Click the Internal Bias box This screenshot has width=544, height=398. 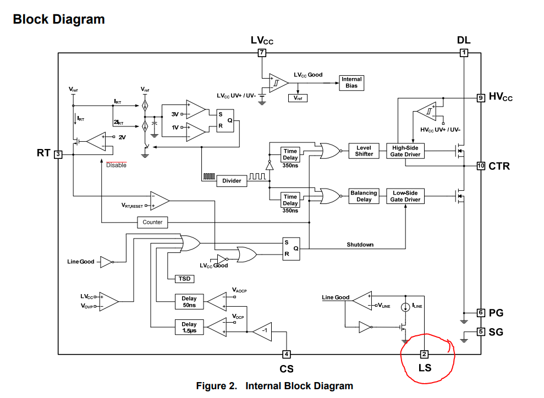(352, 83)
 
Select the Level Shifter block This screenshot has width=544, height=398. (364, 151)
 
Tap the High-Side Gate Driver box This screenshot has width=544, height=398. (406, 151)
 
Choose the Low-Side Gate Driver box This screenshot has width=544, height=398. (405, 196)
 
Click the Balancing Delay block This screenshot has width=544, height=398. (364, 196)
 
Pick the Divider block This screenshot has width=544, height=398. (232, 180)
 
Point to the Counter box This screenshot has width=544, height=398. (152, 222)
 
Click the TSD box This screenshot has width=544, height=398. (184, 279)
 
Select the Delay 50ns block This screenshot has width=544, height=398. (189, 302)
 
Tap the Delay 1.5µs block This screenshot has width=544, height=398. (189, 328)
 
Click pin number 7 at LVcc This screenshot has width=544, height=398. (262, 53)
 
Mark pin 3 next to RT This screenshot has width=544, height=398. (58, 154)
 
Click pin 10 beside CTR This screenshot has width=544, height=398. (481, 165)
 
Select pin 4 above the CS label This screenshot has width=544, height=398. (286, 354)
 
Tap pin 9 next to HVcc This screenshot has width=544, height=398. (481, 98)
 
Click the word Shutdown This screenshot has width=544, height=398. (360, 245)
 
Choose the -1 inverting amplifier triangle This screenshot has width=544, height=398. (262, 330)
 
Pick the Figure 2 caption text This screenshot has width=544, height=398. (274, 386)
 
